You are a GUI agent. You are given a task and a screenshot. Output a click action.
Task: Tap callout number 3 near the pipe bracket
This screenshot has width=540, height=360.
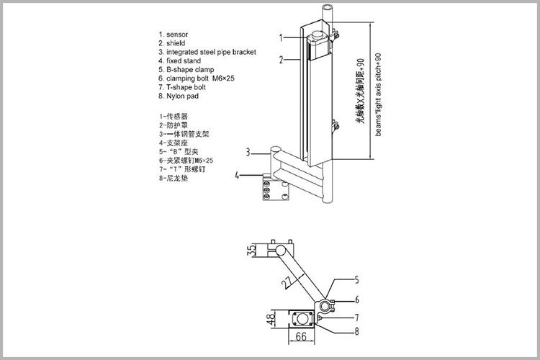coord(247,152)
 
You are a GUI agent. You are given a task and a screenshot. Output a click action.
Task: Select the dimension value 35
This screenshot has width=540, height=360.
coord(251,251)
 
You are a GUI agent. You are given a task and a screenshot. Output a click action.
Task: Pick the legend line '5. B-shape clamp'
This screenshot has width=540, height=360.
coord(186,70)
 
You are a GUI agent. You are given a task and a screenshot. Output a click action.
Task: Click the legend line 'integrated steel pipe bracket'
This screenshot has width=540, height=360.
coord(207,52)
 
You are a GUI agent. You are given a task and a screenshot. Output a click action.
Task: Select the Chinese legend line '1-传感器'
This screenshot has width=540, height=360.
coord(174,116)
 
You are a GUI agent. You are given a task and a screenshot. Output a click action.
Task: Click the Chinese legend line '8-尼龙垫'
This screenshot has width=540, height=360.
coord(174,177)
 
